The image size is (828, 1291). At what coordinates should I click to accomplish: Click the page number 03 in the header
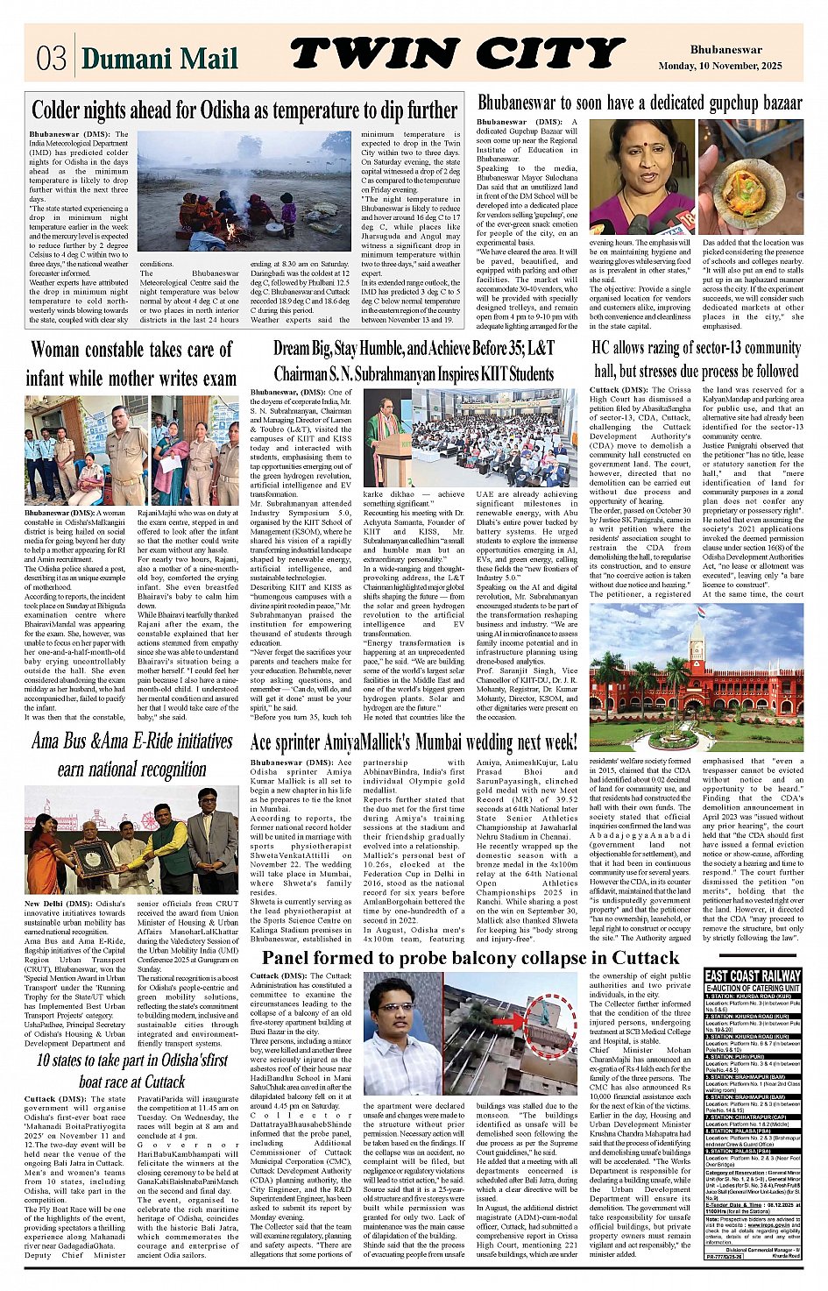pos(51,58)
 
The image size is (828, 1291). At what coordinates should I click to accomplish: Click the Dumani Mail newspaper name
pos(159,58)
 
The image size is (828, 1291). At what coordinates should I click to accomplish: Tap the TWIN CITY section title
pos(456,54)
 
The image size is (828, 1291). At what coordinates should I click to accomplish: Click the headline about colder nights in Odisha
pos(244,110)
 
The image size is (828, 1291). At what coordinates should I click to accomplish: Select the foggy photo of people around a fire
pos(244,191)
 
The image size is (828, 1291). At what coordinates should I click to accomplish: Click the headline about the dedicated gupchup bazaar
pos(640,103)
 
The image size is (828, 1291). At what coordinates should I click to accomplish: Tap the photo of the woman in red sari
pos(640,176)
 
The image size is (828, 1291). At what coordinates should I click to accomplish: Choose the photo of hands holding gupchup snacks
pos(751,176)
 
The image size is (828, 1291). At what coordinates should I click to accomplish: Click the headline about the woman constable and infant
pos(131,364)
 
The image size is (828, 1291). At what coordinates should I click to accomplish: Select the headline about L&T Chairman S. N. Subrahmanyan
pos(414,361)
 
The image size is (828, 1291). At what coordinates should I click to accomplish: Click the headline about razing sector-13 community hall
pos(697,359)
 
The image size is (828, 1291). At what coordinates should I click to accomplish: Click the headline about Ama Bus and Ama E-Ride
pos(131,755)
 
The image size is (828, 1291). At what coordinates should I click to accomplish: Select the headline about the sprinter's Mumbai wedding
pos(414,741)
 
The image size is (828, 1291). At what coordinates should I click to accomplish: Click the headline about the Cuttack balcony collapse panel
pos(470,957)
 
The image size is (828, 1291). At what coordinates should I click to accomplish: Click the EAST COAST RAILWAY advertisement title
pos(753,975)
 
